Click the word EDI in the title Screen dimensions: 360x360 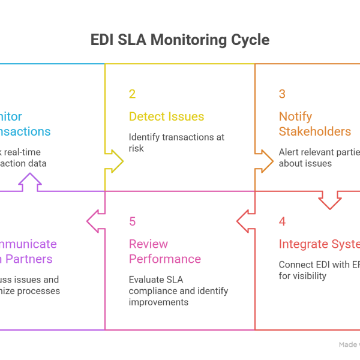coord(103,40)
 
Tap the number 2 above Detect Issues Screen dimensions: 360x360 coord(132,94)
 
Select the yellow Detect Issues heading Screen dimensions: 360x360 coord(167,116)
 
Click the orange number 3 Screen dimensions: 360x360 coord(282,94)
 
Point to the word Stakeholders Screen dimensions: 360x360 coord(314,131)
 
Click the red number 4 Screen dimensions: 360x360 coord(282,221)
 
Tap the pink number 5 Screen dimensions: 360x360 coord(132,221)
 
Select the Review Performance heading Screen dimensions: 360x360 coord(165,251)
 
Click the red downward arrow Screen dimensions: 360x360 coord(330,200)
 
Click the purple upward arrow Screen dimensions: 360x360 coord(30,181)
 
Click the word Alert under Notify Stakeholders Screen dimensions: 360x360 coord(289,152)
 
